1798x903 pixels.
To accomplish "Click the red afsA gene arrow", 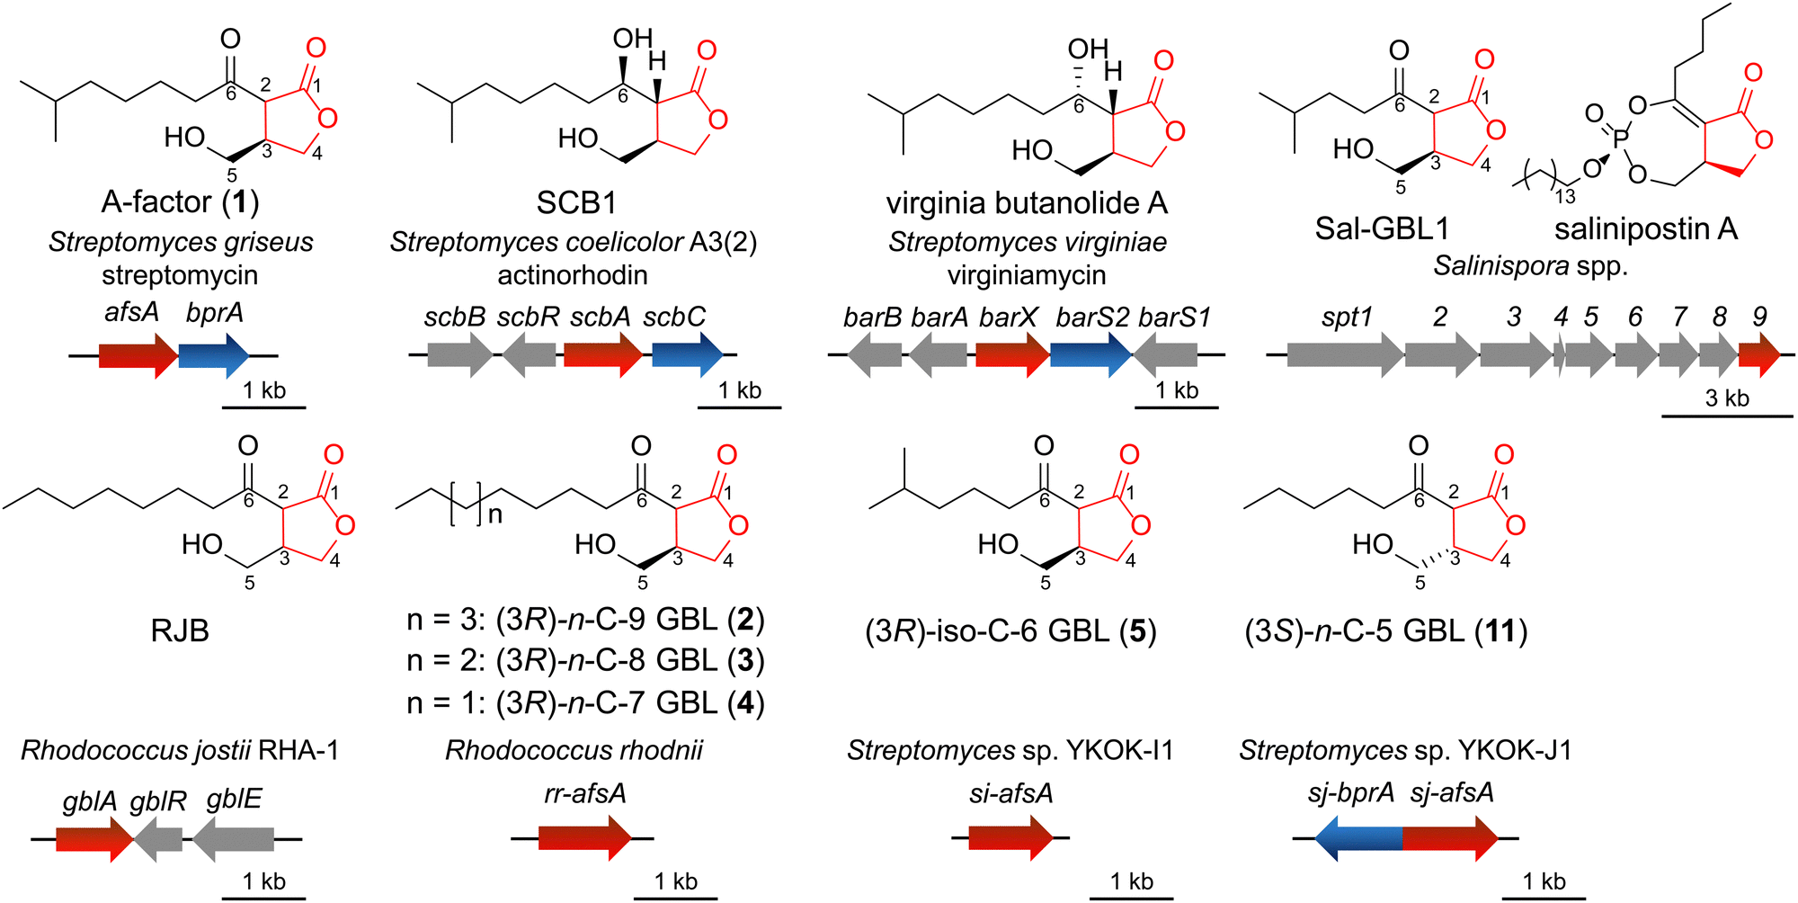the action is point(138,355).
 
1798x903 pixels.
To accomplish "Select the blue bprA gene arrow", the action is point(214,355).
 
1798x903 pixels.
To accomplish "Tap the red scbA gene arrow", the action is point(603,355).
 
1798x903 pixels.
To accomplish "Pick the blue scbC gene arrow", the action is point(688,355).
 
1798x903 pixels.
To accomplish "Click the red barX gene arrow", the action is point(1012,355).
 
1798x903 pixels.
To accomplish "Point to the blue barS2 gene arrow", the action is point(1091,355).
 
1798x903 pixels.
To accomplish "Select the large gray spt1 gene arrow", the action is point(1345,355).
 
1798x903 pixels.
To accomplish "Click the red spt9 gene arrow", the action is point(1759,355).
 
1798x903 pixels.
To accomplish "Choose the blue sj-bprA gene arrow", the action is point(1357,838).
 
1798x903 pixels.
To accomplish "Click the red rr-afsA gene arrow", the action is point(585,838).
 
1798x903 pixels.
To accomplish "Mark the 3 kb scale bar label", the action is point(1727,398).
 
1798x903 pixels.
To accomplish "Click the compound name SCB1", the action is point(576,202).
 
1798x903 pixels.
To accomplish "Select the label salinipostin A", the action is point(1646,229).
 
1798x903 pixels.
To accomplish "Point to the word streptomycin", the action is point(180,275).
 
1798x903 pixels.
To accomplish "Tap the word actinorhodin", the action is point(573,275).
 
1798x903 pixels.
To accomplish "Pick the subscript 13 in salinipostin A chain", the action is point(1565,196).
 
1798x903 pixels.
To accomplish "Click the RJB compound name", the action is point(180,630).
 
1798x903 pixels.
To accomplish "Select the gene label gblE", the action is point(234,799).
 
